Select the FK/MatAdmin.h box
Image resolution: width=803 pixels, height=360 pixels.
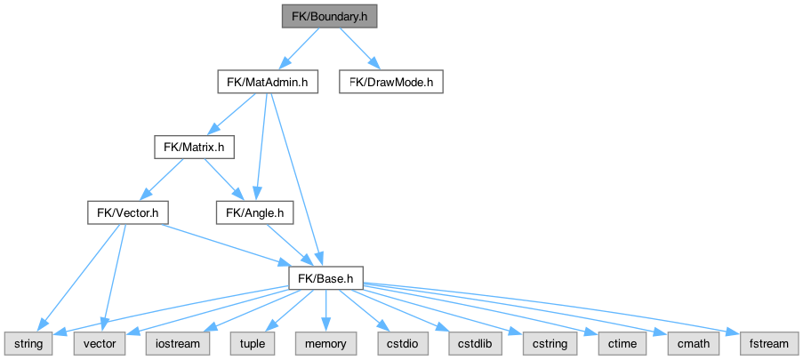click(268, 83)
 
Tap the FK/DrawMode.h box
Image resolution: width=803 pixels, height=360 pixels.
click(391, 83)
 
